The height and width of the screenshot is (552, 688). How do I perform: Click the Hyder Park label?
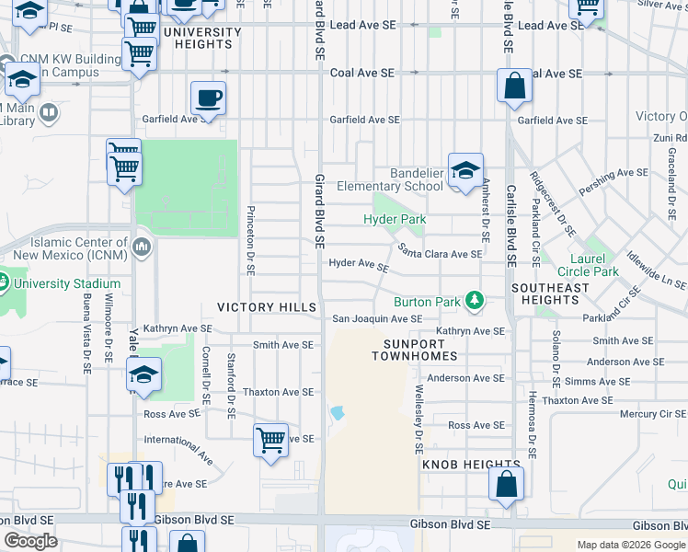point(394,220)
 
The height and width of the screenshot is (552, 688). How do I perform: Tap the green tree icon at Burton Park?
point(474,300)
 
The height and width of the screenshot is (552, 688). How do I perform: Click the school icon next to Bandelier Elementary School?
point(466,170)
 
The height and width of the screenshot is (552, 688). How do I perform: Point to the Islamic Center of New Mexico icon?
point(142,247)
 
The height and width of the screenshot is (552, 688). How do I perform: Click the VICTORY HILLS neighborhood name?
point(267,307)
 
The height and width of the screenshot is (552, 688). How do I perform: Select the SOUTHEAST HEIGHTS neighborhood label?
point(550,293)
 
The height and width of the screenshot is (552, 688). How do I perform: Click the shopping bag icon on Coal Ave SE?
point(515,86)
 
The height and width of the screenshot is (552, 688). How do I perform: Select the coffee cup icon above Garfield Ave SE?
point(209,98)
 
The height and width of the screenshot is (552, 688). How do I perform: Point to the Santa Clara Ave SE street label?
point(440,253)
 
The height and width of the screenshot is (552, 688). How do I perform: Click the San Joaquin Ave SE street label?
point(377,319)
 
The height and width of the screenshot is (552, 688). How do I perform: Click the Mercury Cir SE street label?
point(645,414)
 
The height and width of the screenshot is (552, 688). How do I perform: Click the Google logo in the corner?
point(31,541)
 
